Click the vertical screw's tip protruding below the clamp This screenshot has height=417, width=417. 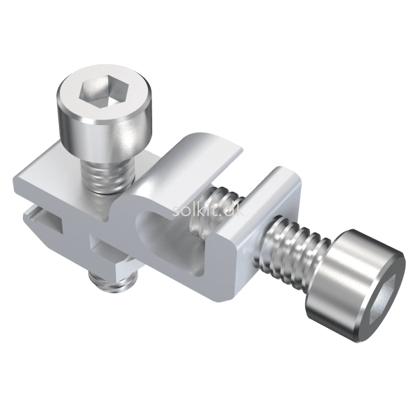click(x=113, y=281)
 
